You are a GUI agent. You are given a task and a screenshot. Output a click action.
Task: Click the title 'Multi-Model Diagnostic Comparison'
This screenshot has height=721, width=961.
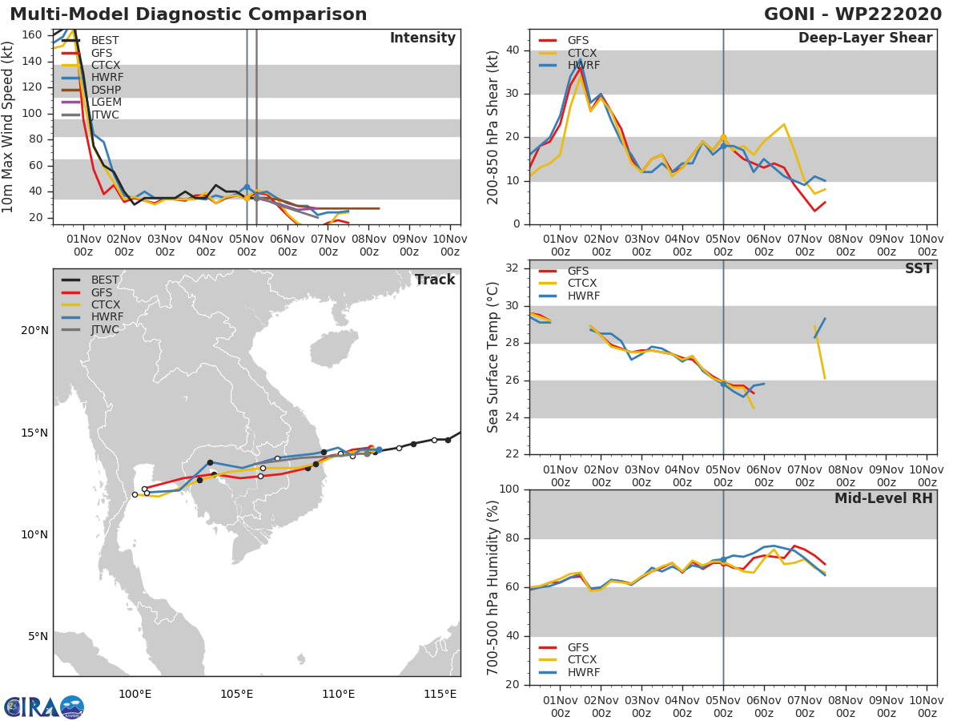(188, 14)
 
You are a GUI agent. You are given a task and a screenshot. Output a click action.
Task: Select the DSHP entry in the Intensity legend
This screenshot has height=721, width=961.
(106, 90)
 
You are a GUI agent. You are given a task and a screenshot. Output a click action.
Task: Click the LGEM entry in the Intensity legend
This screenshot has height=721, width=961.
(106, 103)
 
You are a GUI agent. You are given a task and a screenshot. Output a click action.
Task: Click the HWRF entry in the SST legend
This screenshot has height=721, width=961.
(583, 296)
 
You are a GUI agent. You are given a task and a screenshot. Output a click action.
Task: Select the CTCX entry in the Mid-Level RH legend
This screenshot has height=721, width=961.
(583, 660)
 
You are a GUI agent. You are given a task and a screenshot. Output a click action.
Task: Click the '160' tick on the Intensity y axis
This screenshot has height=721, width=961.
(33, 34)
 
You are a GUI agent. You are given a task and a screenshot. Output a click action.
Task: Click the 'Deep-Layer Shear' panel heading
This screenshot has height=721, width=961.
(865, 38)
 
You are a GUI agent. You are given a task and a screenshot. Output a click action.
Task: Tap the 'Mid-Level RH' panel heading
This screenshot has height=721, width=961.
(883, 498)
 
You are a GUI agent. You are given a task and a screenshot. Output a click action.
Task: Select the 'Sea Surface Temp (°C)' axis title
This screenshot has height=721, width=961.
(494, 357)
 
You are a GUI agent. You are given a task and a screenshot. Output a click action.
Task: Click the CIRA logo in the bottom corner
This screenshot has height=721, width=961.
(43, 707)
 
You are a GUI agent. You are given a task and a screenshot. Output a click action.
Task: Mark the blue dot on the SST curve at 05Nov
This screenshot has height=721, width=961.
(723, 384)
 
